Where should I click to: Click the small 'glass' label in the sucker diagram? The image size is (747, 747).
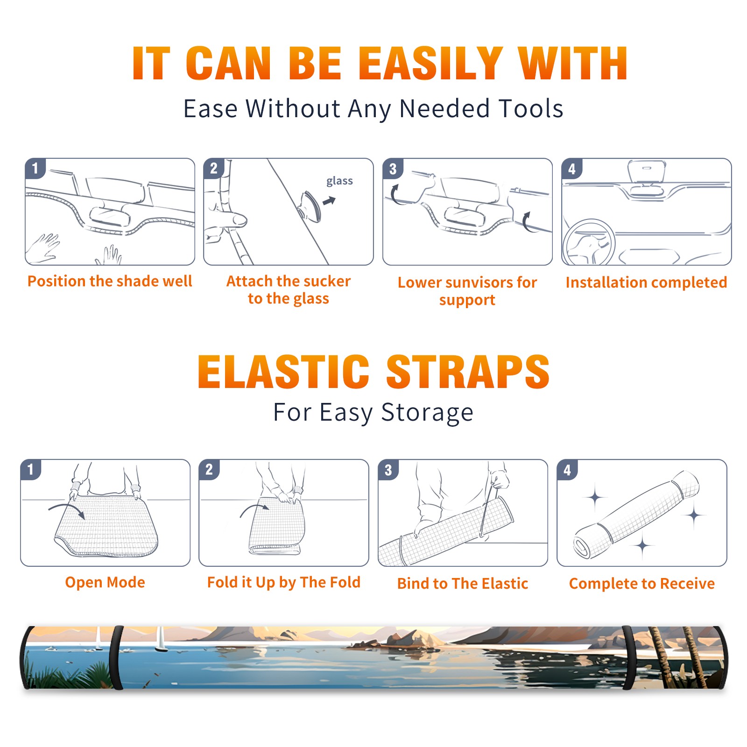click(x=339, y=181)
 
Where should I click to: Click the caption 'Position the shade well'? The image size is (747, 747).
click(x=110, y=281)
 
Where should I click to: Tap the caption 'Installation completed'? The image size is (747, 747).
click(x=646, y=282)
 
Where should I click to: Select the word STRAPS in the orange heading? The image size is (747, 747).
click(x=468, y=372)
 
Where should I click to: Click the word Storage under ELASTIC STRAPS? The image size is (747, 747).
click(x=427, y=413)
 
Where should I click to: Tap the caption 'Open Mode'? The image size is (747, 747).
click(x=105, y=583)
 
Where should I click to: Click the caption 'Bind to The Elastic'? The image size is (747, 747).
click(x=463, y=584)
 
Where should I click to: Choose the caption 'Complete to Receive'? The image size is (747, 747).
click(x=642, y=584)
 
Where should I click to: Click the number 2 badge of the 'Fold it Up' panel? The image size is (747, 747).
click(x=209, y=469)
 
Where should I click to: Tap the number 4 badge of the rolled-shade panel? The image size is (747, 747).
click(x=567, y=470)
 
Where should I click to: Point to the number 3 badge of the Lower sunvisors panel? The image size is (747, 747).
click(x=393, y=169)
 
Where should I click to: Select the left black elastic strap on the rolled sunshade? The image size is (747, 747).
click(x=117, y=658)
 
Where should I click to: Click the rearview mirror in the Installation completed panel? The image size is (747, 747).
click(x=647, y=171)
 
